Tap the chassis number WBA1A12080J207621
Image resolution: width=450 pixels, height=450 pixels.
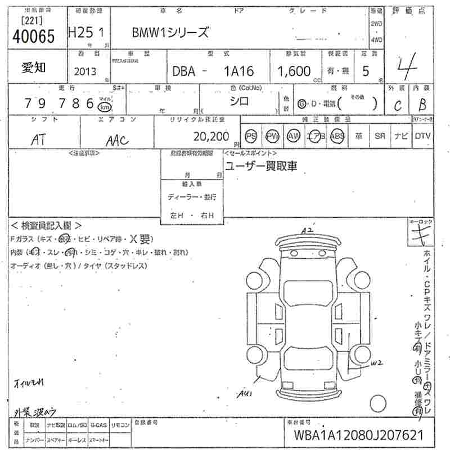click(x=357, y=435)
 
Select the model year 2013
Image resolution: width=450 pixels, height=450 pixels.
click(x=85, y=71)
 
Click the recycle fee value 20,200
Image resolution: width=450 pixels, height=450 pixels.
click(x=211, y=136)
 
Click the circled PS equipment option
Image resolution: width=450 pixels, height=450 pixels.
click(x=251, y=136)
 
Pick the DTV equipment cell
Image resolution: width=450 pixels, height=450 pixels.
click(x=422, y=136)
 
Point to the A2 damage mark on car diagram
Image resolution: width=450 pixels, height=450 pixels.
click(x=307, y=231)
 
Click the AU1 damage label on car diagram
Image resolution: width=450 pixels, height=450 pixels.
click(x=244, y=393)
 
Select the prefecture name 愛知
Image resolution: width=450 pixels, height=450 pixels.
click(x=34, y=68)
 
